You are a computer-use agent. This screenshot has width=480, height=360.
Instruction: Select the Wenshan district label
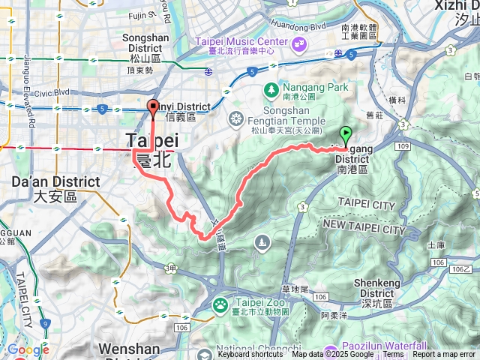[x=128, y=349]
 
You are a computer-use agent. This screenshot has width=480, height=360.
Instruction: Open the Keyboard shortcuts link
[x=250, y=355]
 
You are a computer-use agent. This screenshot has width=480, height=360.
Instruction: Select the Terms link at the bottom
[x=393, y=355]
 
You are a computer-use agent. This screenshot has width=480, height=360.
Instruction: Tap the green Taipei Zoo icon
[x=220, y=304]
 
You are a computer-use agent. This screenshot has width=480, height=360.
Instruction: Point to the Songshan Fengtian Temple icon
[x=236, y=117]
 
